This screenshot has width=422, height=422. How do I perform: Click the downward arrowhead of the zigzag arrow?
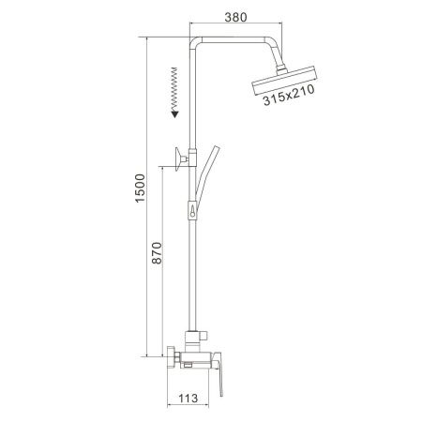[173, 113]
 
